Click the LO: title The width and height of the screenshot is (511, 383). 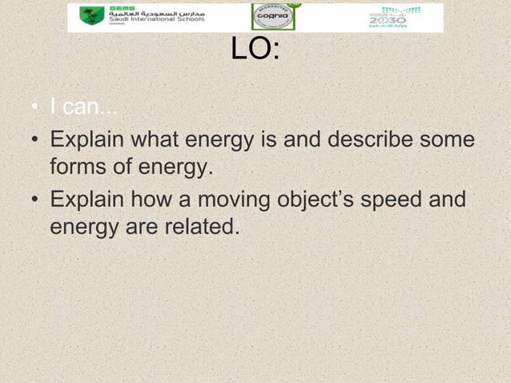coord(255,51)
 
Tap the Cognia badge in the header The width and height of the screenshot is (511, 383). coord(273,17)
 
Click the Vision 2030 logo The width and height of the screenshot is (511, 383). coord(387,18)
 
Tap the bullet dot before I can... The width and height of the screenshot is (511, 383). coord(36,108)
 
